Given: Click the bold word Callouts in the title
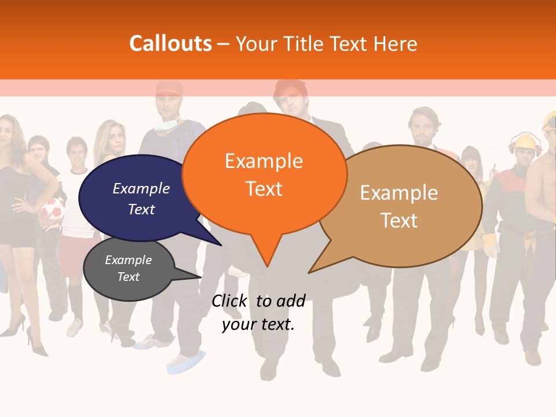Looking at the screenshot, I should pyautogui.click(x=170, y=43).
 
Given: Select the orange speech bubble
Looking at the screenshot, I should pyautogui.click(x=264, y=174).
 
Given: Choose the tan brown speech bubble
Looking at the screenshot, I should pyautogui.click(x=400, y=206).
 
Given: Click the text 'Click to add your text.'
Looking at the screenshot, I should pyautogui.click(x=258, y=313).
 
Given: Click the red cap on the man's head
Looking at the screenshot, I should pyautogui.click(x=169, y=87).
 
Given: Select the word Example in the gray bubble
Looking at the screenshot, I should pyautogui.click(x=128, y=260).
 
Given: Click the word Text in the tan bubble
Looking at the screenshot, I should pyautogui.click(x=400, y=221).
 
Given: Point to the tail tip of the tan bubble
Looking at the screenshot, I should pyautogui.click(x=309, y=272).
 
